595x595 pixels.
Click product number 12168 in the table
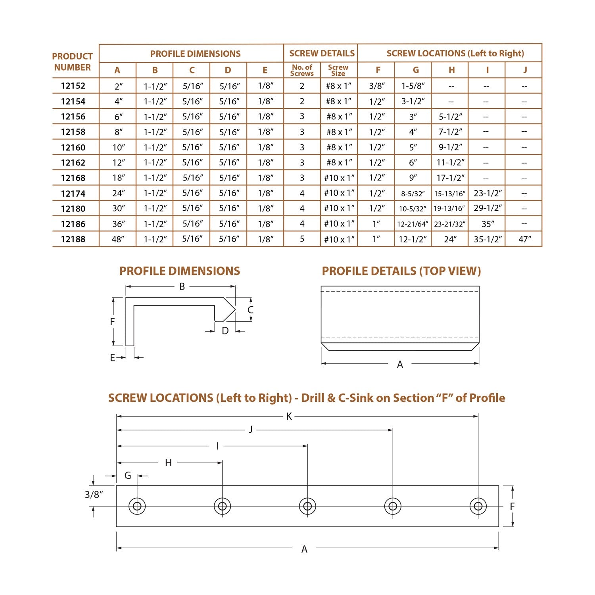click(73, 178)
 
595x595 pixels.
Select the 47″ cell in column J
click(524, 239)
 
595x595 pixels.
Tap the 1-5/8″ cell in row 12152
click(413, 86)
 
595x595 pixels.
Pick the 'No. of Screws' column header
click(302, 70)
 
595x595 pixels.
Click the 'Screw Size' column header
click(338, 70)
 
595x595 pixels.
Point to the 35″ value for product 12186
click(488, 224)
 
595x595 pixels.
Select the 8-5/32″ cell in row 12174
click(413, 194)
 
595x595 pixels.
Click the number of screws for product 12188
click(302, 239)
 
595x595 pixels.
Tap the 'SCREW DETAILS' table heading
click(322, 54)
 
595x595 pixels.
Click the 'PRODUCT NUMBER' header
click(73, 62)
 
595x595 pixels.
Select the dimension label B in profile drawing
click(182, 286)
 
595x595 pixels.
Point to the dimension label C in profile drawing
click(250, 310)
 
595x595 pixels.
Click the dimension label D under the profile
click(225, 331)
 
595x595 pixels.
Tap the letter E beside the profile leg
click(112, 358)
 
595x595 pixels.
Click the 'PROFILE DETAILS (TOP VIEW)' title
click(401, 271)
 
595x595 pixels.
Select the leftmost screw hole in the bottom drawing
click(137, 506)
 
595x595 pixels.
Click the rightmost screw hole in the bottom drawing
click(478, 506)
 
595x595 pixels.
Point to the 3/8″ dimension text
click(94, 495)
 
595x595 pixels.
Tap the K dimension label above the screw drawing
click(289, 416)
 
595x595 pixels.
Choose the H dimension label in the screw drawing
click(168, 463)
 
